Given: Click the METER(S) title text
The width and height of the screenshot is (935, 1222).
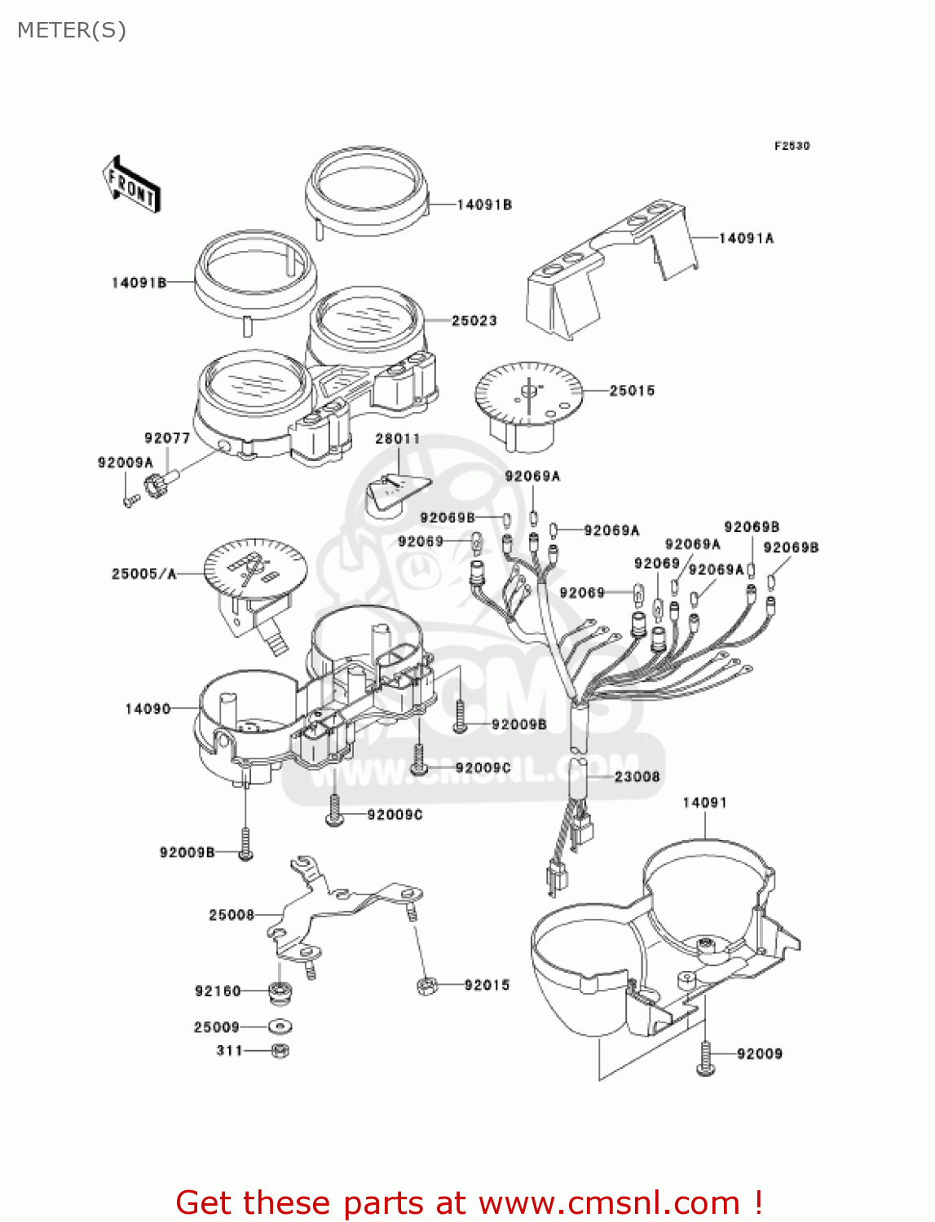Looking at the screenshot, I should pos(72,30).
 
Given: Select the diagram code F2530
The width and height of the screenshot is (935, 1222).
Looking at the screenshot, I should pos(792,146).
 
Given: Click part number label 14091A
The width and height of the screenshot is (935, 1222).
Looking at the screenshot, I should pos(746,238).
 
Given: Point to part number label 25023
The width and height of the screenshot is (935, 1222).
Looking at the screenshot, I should pos(474,320).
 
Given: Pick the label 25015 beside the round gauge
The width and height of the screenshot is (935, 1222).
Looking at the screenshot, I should pos(632,390).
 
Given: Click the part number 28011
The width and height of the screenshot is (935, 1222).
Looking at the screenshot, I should pos(397,438).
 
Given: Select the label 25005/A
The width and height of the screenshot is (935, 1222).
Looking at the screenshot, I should pos(143,574).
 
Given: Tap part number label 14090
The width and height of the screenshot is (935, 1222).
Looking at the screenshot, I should pos(148,709).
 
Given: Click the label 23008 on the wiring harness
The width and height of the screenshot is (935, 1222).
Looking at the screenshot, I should pos(637,776).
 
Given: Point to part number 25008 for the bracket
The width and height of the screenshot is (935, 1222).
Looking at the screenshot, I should pos(232,915).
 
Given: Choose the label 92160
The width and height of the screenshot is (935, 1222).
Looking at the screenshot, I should pos(218,991).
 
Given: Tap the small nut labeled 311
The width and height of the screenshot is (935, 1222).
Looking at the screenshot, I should pos(280,1051).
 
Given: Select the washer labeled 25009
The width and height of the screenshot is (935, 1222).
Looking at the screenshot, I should pos(280,1027).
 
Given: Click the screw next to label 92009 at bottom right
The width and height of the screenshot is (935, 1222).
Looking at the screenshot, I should pos(705,1059).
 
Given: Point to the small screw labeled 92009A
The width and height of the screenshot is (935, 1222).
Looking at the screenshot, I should pos(129,499).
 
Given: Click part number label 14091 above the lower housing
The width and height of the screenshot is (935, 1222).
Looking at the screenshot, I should pos(704,802).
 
